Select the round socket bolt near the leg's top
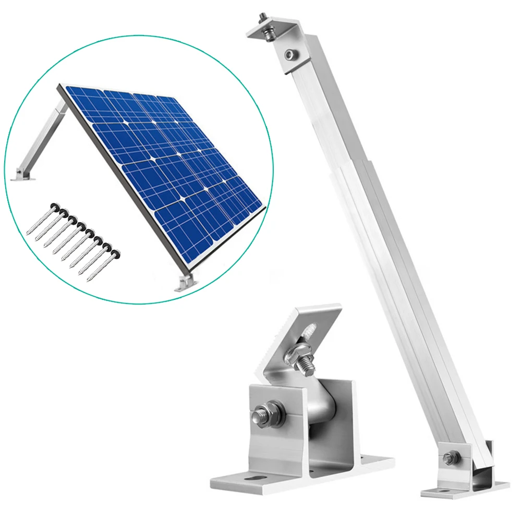290,53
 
